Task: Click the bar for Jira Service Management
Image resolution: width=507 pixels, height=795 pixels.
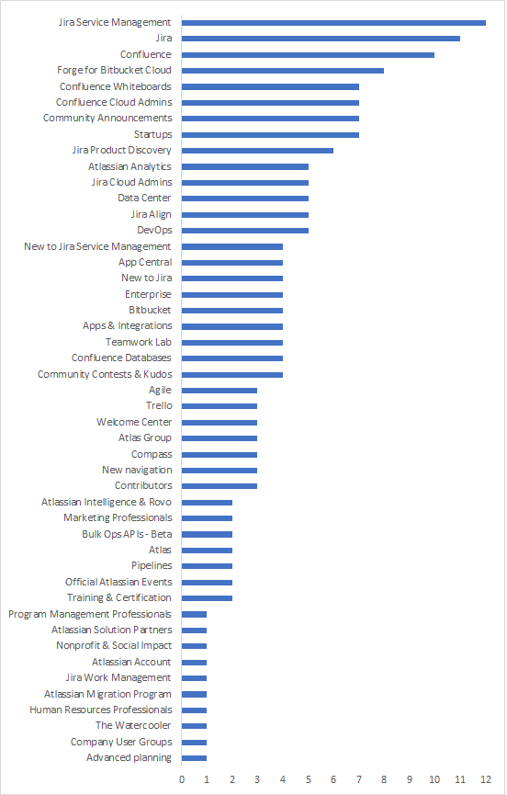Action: (x=333, y=22)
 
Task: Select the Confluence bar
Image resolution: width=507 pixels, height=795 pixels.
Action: (x=308, y=54)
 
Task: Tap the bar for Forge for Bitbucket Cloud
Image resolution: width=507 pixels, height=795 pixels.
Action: (x=283, y=70)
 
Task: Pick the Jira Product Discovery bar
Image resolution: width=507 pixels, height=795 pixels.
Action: (x=257, y=150)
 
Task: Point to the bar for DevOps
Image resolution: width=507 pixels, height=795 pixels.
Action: (x=244, y=230)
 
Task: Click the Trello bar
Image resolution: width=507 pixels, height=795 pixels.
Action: (x=220, y=405)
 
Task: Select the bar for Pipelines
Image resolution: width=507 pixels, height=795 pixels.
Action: (x=207, y=565)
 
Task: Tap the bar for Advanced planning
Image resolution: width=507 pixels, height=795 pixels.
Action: (x=194, y=757)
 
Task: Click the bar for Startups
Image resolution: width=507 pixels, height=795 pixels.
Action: (x=270, y=134)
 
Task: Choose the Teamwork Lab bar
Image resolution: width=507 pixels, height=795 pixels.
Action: (x=232, y=342)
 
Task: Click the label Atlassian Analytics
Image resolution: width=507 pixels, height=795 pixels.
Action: (x=130, y=166)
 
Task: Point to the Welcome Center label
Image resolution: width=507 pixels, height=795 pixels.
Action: (x=134, y=422)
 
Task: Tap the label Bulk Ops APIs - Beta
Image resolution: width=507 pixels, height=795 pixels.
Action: (x=127, y=534)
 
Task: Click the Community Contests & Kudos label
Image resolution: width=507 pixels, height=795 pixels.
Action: (x=105, y=374)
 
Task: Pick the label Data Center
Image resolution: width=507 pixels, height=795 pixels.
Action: (x=144, y=198)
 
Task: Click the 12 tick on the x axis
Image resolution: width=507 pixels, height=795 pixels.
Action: (x=486, y=779)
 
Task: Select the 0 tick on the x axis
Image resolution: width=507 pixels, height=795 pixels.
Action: (x=182, y=779)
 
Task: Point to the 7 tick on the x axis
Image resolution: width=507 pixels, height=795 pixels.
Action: (x=359, y=779)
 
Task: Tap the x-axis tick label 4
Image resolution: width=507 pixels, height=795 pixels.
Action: (x=283, y=779)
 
